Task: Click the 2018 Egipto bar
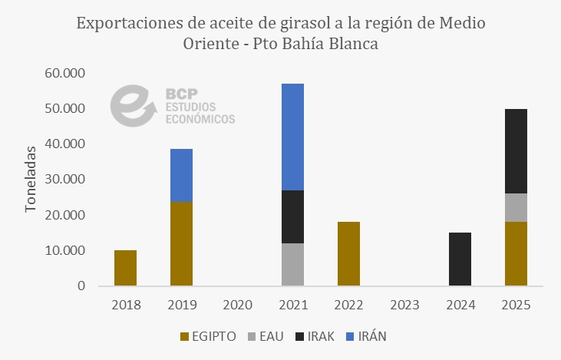click(125, 268)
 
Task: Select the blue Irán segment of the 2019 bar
click(181, 175)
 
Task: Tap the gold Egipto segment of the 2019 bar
click(181, 243)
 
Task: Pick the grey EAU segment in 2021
click(292, 264)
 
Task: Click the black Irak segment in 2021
click(292, 216)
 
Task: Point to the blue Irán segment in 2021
click(292, 137)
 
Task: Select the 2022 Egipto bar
click(348, 253)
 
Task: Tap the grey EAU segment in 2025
click(516, 207)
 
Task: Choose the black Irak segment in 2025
click(516, 151)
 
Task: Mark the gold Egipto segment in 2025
click(516, 253)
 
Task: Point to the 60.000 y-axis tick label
click(64, 74)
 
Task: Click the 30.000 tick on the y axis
click(64, 180)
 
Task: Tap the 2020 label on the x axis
click(237, 305)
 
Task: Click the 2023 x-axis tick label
click(404, 305)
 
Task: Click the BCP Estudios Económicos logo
click(173, 106)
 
